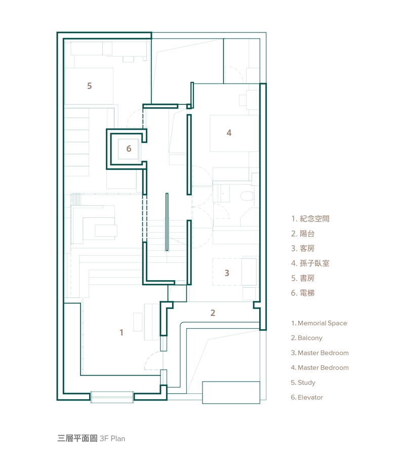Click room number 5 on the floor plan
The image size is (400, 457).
[90, 86]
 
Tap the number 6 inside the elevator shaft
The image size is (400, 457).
[129, 148]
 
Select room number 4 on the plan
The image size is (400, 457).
[229, 133]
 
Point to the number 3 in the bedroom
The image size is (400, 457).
[227, 273]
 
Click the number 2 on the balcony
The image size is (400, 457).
[213, 313]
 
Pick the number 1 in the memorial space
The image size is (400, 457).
[121, 332]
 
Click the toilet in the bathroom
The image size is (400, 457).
[247, 196]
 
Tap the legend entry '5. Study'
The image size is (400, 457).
[303, 383]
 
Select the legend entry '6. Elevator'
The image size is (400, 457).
[307, 397]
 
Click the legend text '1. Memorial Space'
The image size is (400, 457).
[319, 323]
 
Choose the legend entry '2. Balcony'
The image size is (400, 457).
[306, 338]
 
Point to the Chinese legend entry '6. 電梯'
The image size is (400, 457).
[303, 293]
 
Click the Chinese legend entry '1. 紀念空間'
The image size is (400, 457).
[310, 218]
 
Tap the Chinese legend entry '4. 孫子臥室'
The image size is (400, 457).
[310, 263]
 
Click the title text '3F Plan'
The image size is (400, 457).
[112, 439]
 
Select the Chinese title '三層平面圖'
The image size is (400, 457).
[77, 438]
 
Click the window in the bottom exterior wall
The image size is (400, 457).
[112, 397]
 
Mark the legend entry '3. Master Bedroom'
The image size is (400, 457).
[319, 353]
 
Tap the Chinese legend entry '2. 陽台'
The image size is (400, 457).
[303, 234]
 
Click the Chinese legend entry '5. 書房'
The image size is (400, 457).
[303, 278]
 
